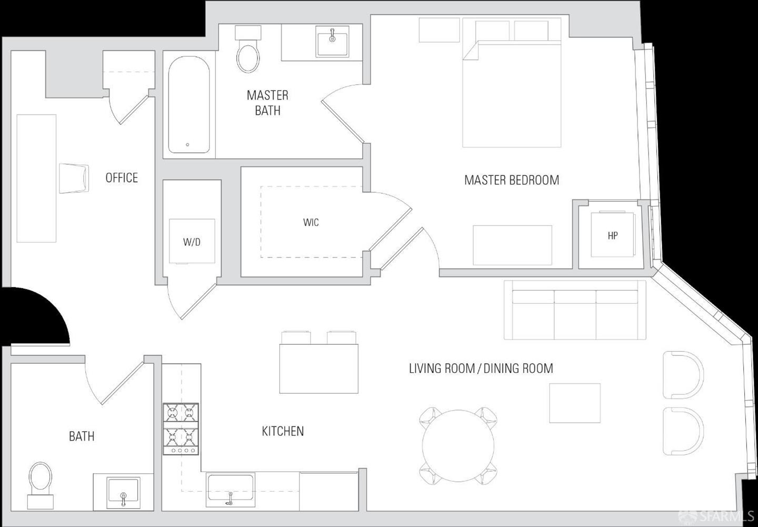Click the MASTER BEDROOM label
pyautogui.click(x=512, y=180)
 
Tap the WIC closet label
pyautogui.click(x=311, y=222)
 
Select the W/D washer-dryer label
pyautogui.click(x=192, y=242)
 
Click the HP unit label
pyautogui.click(x=613, y=235)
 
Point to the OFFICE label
pyautogui.click(x=122, y=178)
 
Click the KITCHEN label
pyautogui.click(x=283, y=431)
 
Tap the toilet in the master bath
pyautogui.click(x=248, y=49)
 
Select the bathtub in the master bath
pyautogui.click(x=189, y=105)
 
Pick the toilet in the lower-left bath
pyautogui.click(x=41, y=485)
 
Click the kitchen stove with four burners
pyautogui.click(x=181, y=429)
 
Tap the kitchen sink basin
pyautogui.click(x=231, y=489)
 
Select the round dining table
pyautogui.click(x=458, y=446)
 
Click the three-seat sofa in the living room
pyautogui.click(x=575, y=310)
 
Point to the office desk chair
pyautogui.click(x=74, y=178)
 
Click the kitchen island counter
pyautogui.click(x=319, y=369)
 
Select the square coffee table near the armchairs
pyautogui.click(x=575, y=403)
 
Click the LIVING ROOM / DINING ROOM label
pyautogui.click(x=481, y=368)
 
